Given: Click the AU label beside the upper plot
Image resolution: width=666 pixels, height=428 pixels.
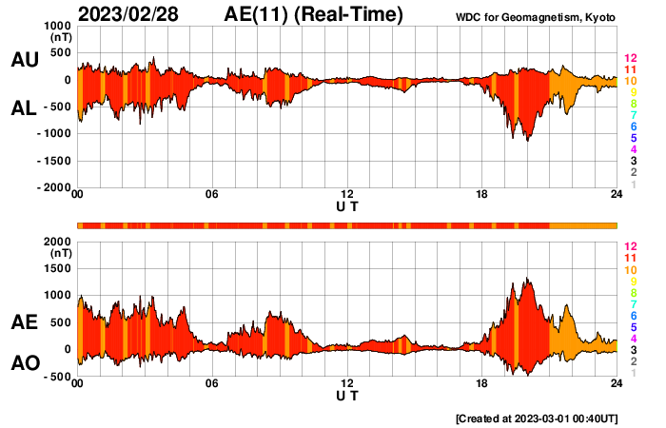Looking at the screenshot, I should click(24, 60).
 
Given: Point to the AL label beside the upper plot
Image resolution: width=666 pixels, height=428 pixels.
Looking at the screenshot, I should click(24, 108).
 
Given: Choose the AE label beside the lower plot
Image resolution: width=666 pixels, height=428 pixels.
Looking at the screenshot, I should click(24, 322).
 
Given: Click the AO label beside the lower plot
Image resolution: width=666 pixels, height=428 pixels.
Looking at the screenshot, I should click(24, 363).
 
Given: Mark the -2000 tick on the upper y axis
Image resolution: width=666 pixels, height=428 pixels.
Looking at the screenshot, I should click(53, 188).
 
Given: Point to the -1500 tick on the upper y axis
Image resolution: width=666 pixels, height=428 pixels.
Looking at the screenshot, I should click(53, 161).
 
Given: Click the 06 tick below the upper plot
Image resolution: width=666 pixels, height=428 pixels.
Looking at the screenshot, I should click(212, 195).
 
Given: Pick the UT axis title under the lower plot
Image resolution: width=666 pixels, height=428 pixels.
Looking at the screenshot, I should click(347, 396).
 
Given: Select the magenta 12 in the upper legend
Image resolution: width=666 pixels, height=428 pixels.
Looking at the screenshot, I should click(629, 60).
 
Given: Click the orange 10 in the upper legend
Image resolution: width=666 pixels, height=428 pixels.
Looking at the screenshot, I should click(629, 82).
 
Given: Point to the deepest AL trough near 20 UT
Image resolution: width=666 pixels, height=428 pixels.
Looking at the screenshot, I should click(528, 141).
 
